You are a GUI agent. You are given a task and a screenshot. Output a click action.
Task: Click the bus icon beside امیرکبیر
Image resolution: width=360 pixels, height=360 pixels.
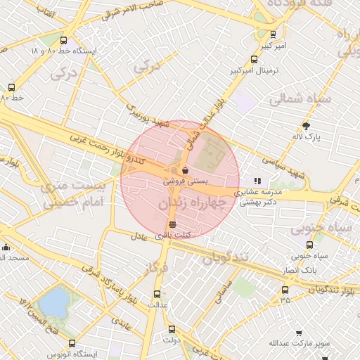[x=273, y=33]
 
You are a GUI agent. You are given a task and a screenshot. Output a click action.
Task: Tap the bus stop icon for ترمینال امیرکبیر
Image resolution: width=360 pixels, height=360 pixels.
[x=254, y=60]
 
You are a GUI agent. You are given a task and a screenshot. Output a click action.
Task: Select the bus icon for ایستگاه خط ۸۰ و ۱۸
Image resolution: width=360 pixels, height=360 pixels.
[x=64, y=40]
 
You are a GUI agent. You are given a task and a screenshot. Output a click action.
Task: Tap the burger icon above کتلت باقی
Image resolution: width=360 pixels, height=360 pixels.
[x=173, y=224]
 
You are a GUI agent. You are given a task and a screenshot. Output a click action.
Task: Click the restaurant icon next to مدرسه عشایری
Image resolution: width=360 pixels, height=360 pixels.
[x=257, y=181]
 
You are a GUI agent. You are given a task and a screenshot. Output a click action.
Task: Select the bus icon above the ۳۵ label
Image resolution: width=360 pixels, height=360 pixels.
[x=285, y=290]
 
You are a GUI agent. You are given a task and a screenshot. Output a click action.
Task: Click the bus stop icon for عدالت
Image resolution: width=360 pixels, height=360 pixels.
[x=157, y=295]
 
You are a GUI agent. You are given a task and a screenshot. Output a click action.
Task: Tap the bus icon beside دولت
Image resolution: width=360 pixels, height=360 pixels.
[x=172, y=328]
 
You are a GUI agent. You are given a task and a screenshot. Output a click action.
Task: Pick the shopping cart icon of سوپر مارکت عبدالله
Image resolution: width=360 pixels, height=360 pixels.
[x=299, y=333]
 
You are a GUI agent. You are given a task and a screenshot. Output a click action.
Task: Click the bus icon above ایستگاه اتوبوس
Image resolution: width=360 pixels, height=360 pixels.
[x=52, y=338]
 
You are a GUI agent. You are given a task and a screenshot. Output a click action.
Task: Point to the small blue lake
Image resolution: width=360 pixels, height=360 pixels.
[x=54, y=303]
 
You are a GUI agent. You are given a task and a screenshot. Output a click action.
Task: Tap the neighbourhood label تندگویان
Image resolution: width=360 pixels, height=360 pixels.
[x=226, y=257]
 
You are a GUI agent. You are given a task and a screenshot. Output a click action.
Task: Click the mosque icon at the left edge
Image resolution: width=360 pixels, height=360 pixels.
[x=6, y=247]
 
